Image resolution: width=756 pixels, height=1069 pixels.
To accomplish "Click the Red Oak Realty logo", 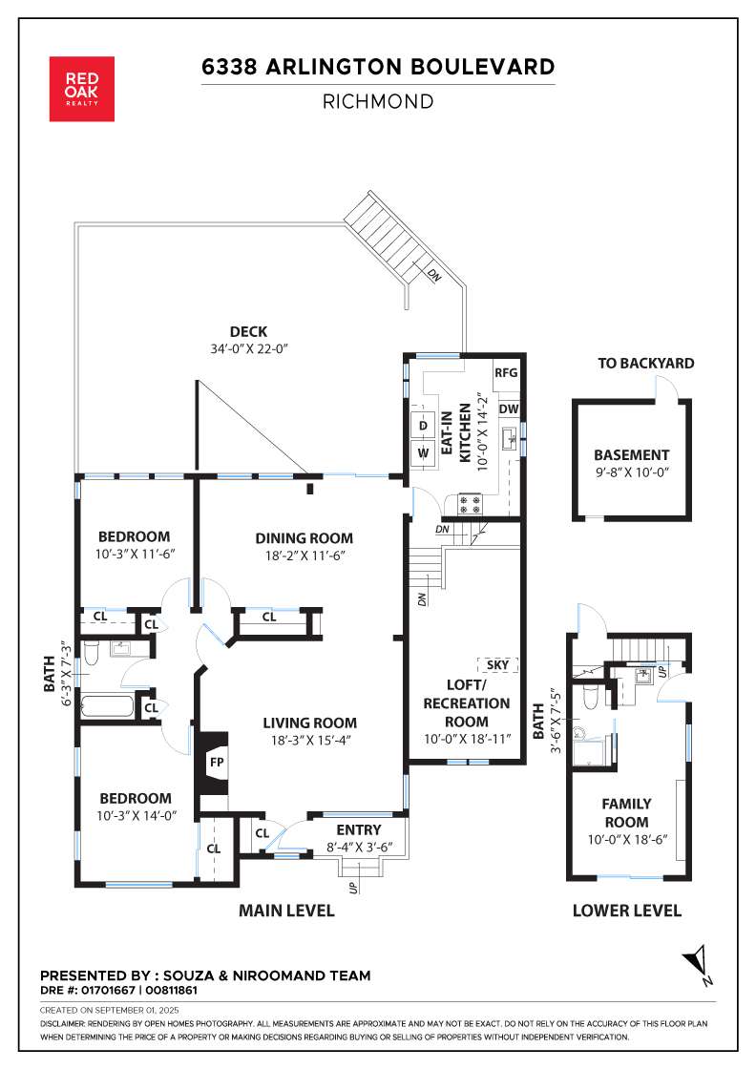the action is click(x=82, y=89).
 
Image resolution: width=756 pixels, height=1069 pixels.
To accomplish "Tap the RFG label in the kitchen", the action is click(x=506, y=373).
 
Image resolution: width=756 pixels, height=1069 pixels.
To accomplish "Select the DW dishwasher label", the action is click(x=509, y=409).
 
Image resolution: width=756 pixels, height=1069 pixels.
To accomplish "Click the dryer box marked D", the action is click(x=423, y=426).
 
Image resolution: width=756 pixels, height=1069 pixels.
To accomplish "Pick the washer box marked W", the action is click(x=423, y=452).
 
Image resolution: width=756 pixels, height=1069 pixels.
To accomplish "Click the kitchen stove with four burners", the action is click(x=469, y=504).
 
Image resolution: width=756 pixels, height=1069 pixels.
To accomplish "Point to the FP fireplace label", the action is click(x=217, y=763).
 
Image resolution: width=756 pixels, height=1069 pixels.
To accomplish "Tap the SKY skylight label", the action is click(x=497, y=664).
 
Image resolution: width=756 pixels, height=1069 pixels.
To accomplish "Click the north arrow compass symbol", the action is click(x=698, y=964).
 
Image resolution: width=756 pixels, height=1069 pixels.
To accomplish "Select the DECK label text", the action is click(x=249, y=332).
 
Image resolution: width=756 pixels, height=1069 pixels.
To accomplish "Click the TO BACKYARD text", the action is click(x=646, y=364).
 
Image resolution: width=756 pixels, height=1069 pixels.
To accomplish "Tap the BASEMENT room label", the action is click(x=631, y=454).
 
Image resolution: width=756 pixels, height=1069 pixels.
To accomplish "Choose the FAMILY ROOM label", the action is click(x=626, y=812).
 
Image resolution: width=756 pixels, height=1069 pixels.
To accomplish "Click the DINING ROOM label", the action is click(x=304, y=538).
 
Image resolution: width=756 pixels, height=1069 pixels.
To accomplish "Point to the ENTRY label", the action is click(x=359, y=830).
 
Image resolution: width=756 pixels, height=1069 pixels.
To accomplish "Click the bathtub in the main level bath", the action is click(x=108, y=705).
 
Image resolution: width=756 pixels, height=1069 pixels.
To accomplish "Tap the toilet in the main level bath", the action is click(x=92, y=653).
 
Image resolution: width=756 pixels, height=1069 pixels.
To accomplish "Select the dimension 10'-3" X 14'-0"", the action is click(x=136, y=816).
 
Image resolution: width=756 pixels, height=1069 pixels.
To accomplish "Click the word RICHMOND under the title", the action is click(x=378, y=102).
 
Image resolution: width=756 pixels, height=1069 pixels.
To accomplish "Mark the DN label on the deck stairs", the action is click(x=433, y=276).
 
